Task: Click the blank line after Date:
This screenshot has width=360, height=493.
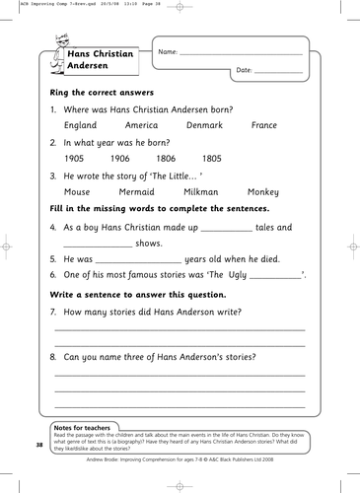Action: (x=279, y=72)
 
